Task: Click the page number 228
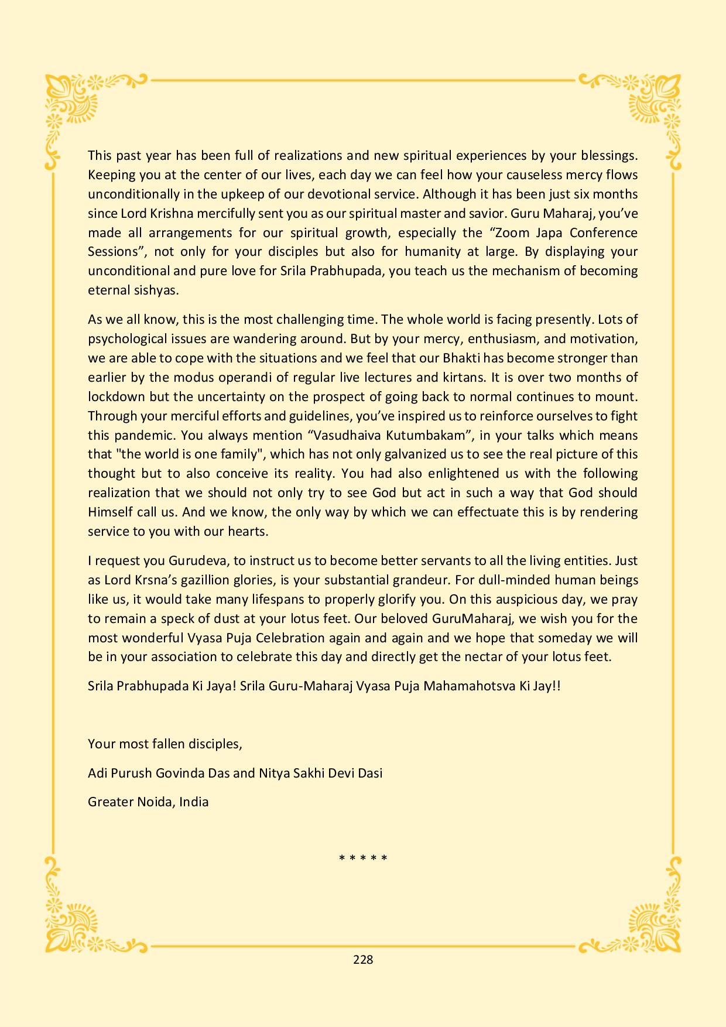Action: click(x=363, y=959)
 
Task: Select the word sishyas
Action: click(x=140, y=290)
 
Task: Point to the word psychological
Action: click(x=126, y=338)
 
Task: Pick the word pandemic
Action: click(x=146, y=435)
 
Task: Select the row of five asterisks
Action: click(x=363, y=859)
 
